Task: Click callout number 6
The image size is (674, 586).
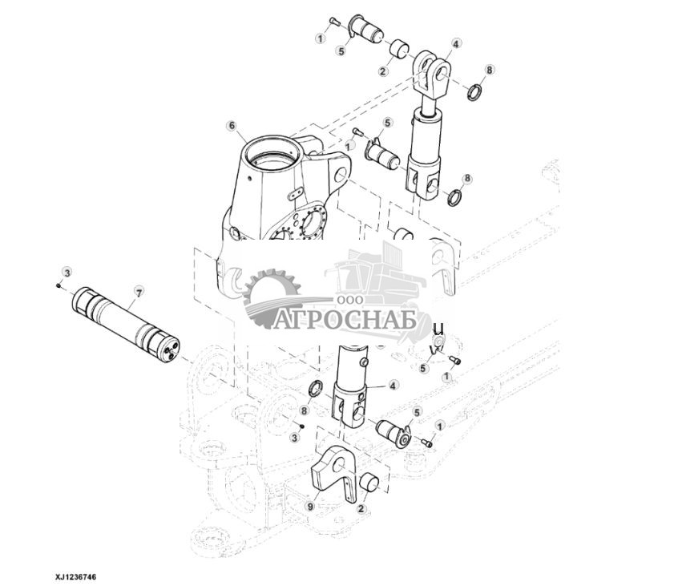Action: (x=232, y=126)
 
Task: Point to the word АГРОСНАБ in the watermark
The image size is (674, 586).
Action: (x=346, y=320)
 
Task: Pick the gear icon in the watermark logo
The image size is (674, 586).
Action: (x=271, y=298)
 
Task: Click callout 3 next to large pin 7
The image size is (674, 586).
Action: (x=67, y=273)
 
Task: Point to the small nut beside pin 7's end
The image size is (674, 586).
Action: (x=58, y=285)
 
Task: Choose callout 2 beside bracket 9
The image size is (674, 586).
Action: (x=361, y=508)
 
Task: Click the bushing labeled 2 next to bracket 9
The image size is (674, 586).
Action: (x=370, y=484)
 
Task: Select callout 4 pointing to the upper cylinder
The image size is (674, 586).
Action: (x=455, y=45)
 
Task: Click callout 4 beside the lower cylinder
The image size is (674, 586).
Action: (x=394, y=385)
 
